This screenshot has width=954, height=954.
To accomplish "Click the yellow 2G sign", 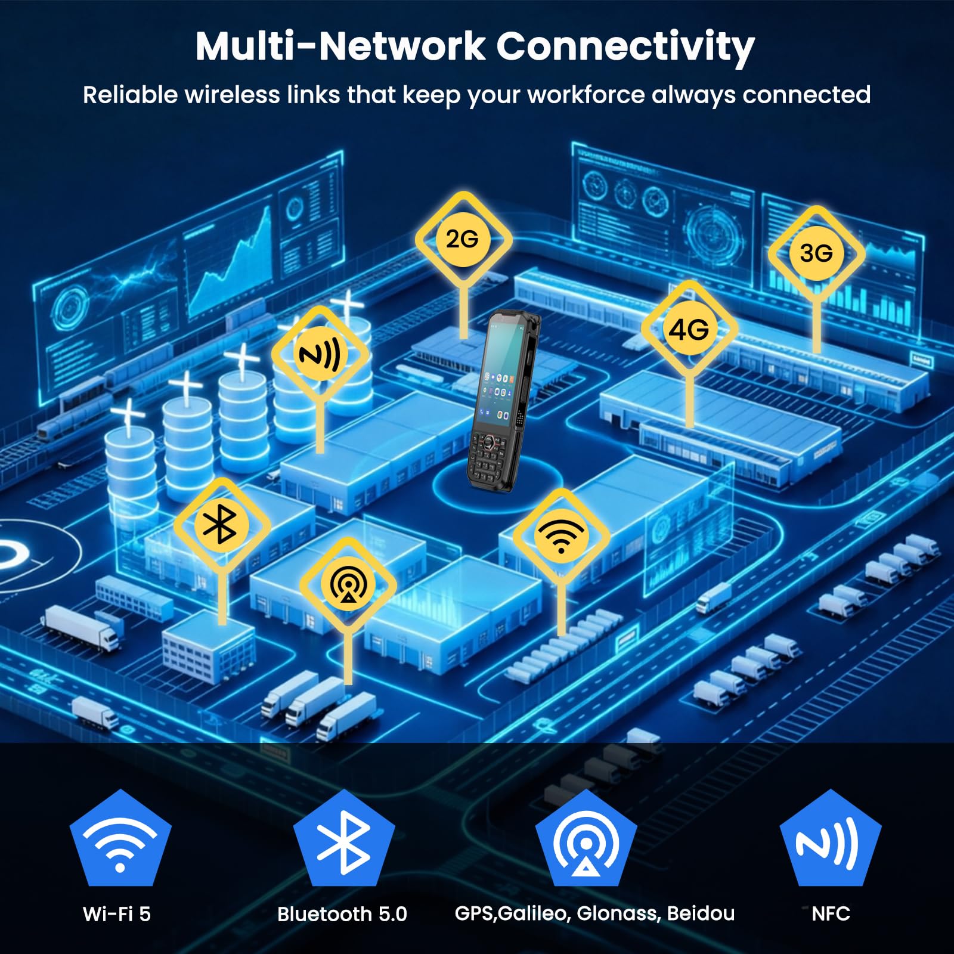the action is (463, 239).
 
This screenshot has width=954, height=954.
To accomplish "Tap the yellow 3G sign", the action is (816, 253).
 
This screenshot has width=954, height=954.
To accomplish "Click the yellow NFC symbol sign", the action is (320, 355).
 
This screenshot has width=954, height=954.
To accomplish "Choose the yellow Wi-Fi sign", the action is (561, 535).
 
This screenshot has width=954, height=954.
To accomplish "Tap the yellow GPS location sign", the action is (348, 586).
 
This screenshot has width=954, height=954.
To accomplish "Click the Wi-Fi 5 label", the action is (117, 914).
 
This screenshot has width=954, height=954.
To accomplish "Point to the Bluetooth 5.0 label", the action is (342, 914).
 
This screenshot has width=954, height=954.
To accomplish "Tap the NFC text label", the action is (831, 913).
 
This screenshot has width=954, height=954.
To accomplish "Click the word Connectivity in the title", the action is (626, 47).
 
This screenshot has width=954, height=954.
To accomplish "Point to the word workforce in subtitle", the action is (586, 95).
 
